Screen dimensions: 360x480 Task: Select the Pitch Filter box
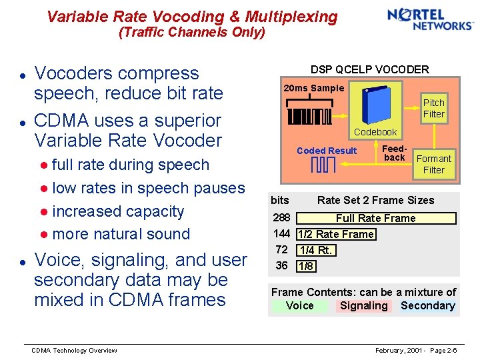433,108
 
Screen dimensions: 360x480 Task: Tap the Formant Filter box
433,164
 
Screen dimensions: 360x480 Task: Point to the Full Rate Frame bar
375,218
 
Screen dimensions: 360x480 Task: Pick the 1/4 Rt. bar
315,250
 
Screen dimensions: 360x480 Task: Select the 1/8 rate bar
306,266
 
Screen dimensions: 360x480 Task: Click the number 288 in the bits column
281,218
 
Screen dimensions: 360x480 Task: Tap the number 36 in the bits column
281,265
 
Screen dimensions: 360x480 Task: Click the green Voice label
299,306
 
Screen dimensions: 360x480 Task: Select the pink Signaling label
363,306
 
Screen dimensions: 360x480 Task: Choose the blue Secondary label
427,306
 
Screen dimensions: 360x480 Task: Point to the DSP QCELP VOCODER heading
369,69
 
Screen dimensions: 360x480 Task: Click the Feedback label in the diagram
395,153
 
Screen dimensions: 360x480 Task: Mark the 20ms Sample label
313,88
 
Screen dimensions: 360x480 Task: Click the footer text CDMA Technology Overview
75,351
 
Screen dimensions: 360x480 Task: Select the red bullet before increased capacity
43,212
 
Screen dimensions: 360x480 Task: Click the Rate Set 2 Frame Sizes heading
375,200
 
